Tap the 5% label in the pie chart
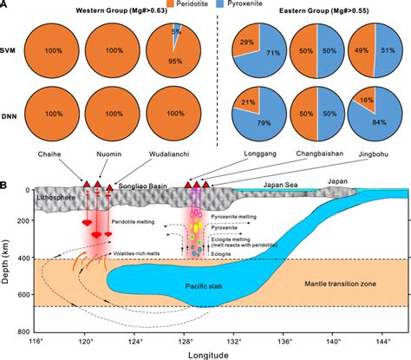pos(176,33)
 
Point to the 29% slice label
pos(246,41)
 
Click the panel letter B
pos(6,185)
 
